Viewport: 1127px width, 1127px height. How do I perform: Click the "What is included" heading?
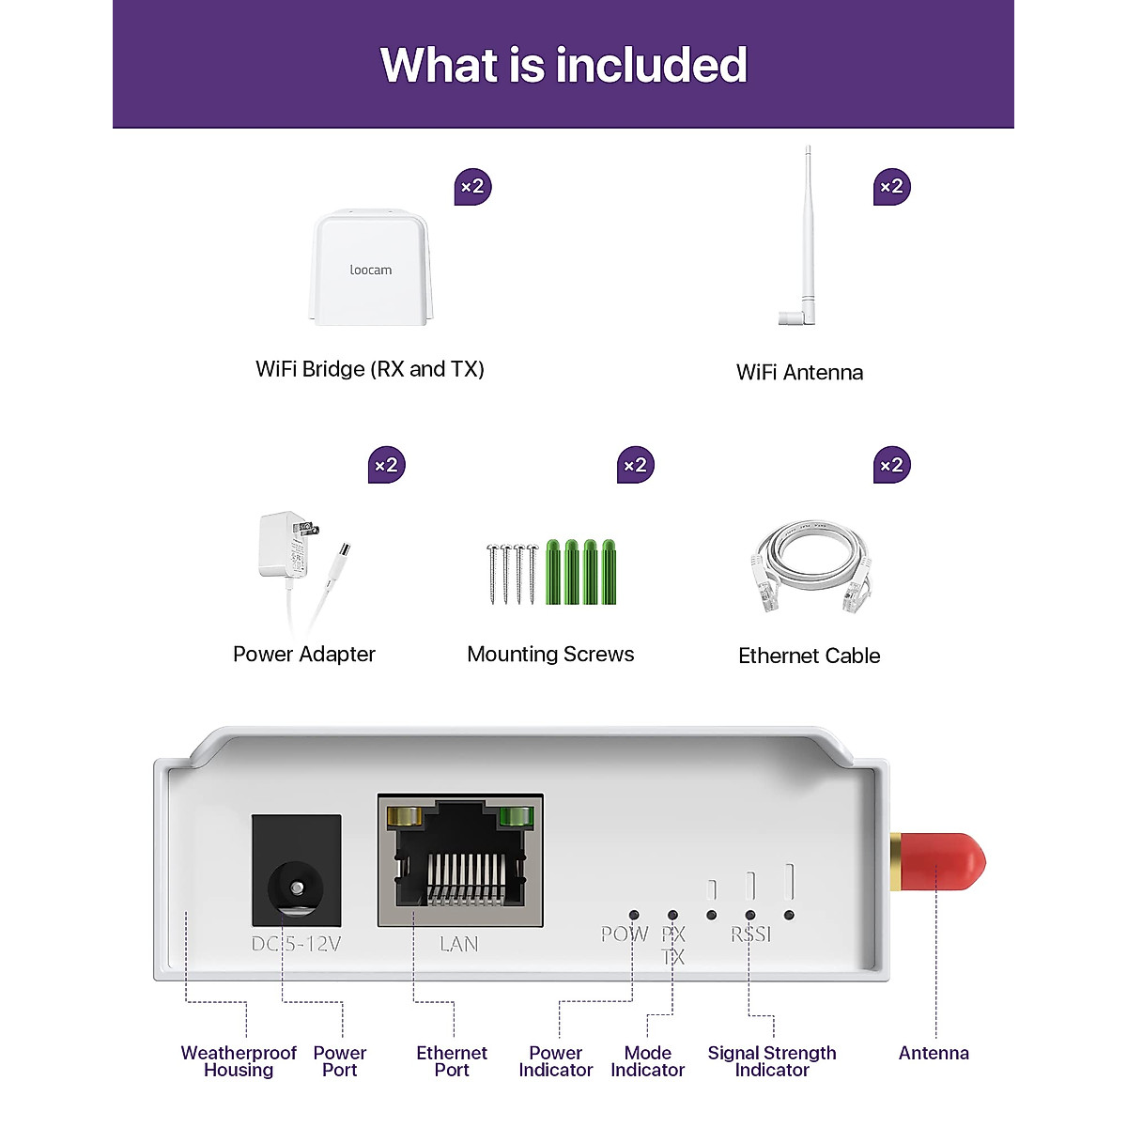pos(563,65)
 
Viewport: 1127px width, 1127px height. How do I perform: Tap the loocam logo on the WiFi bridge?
pos(371,270)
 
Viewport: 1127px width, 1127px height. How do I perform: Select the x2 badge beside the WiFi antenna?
pos(892,187)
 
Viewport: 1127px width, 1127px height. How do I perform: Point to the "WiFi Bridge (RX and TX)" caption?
pos(370,369)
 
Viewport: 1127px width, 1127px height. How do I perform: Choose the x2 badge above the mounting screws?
pos(636,465)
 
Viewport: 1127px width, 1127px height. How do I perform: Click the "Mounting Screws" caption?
pos(550,655)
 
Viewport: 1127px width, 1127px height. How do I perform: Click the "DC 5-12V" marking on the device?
pos(296,944)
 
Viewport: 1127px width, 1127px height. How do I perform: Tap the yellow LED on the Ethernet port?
pos(407,817)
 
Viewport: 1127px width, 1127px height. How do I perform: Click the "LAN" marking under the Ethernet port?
pos(459,944)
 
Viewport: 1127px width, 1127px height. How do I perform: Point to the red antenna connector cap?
pos(942,861)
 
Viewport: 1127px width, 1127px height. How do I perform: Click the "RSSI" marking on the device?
pos(751,934)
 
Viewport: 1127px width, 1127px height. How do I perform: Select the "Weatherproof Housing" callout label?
pos(239,1061)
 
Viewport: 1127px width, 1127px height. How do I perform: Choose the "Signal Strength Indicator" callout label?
pos(772,1061)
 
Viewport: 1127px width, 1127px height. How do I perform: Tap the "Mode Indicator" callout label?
pos(647,1061)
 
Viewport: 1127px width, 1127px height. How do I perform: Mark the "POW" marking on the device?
pos(625,934)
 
